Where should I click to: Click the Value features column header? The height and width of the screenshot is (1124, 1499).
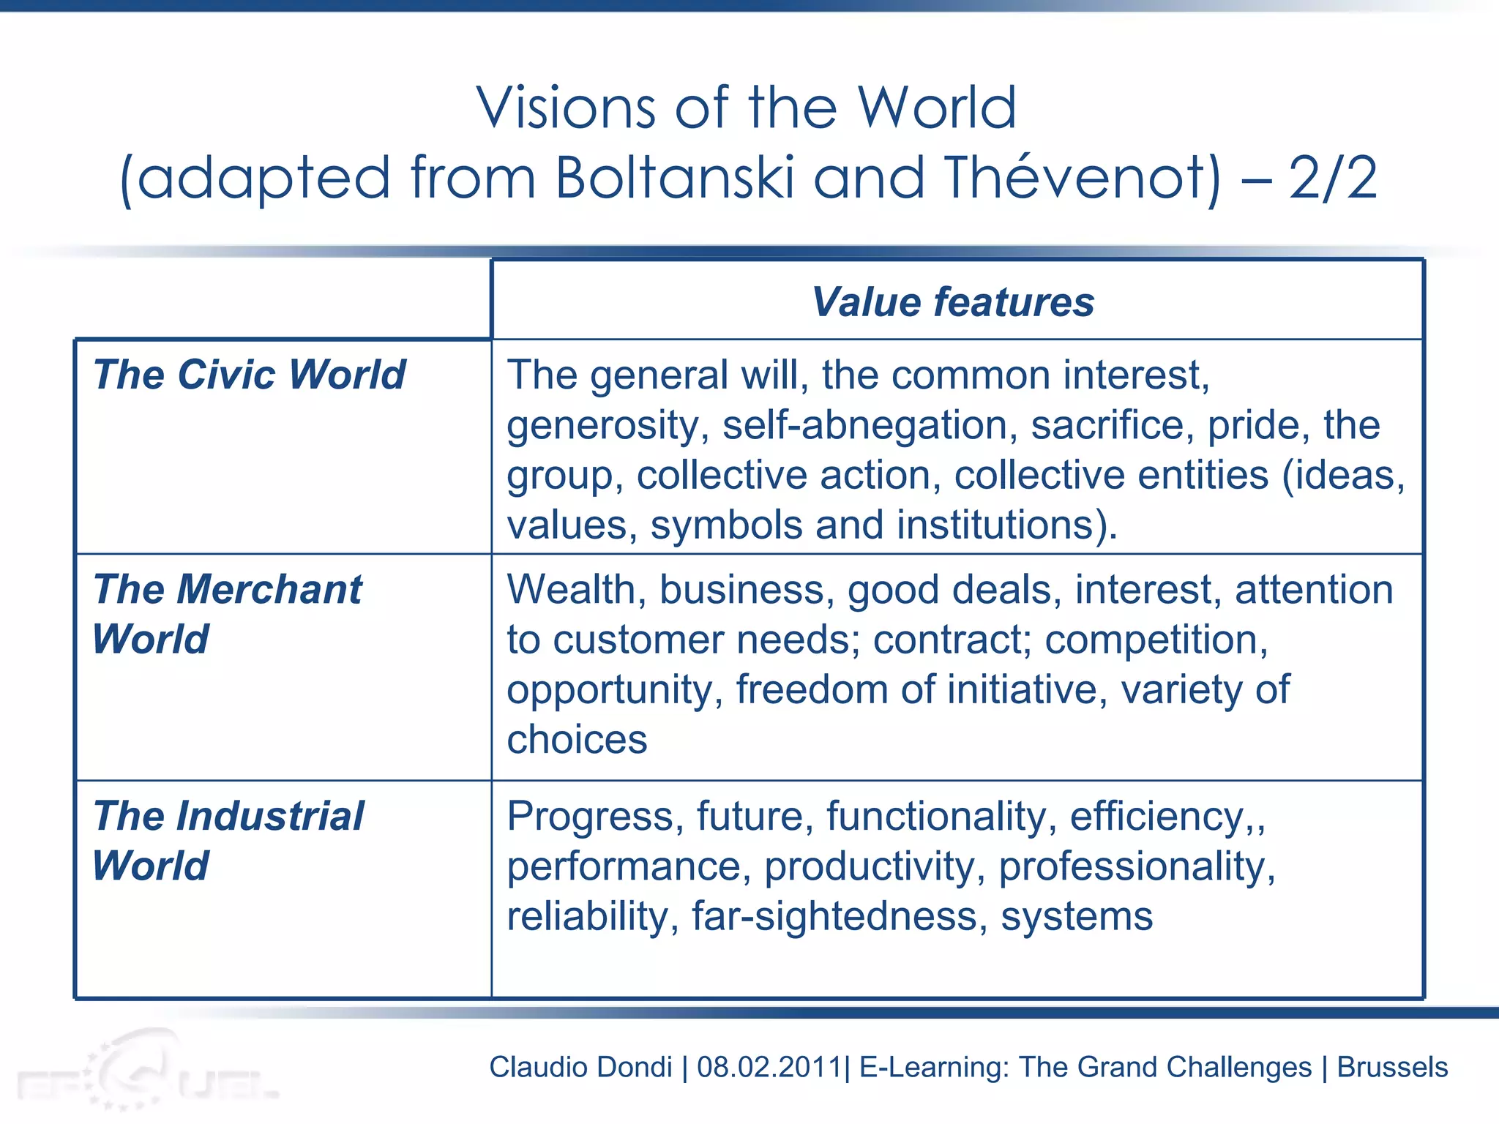coord(953,301)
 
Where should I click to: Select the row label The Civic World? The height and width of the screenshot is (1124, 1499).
coord(249,375)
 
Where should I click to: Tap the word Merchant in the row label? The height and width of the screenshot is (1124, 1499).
coord(269,590)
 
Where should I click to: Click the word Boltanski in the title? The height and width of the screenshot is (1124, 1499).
coord(674,178)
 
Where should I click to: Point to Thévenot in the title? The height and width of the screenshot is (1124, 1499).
coord(1083,178)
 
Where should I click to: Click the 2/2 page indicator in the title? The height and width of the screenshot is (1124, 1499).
coord(1333,178)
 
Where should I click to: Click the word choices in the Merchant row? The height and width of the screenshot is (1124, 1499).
coord(577,740)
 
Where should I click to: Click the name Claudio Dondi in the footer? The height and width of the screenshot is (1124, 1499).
coord(580,1067)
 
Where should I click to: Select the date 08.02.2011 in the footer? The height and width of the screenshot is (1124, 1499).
coord(768,1067)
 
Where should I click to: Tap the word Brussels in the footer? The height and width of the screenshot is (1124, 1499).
coord(1392,1067)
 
